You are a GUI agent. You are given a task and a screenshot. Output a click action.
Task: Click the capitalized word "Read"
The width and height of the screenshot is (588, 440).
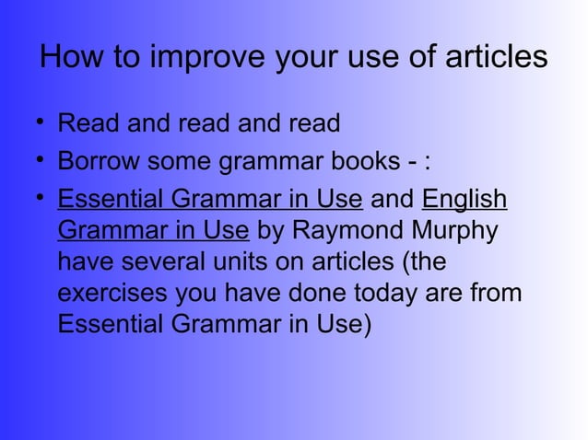[86, 122]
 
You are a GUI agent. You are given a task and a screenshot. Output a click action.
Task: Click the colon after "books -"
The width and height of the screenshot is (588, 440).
[426, 164]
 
